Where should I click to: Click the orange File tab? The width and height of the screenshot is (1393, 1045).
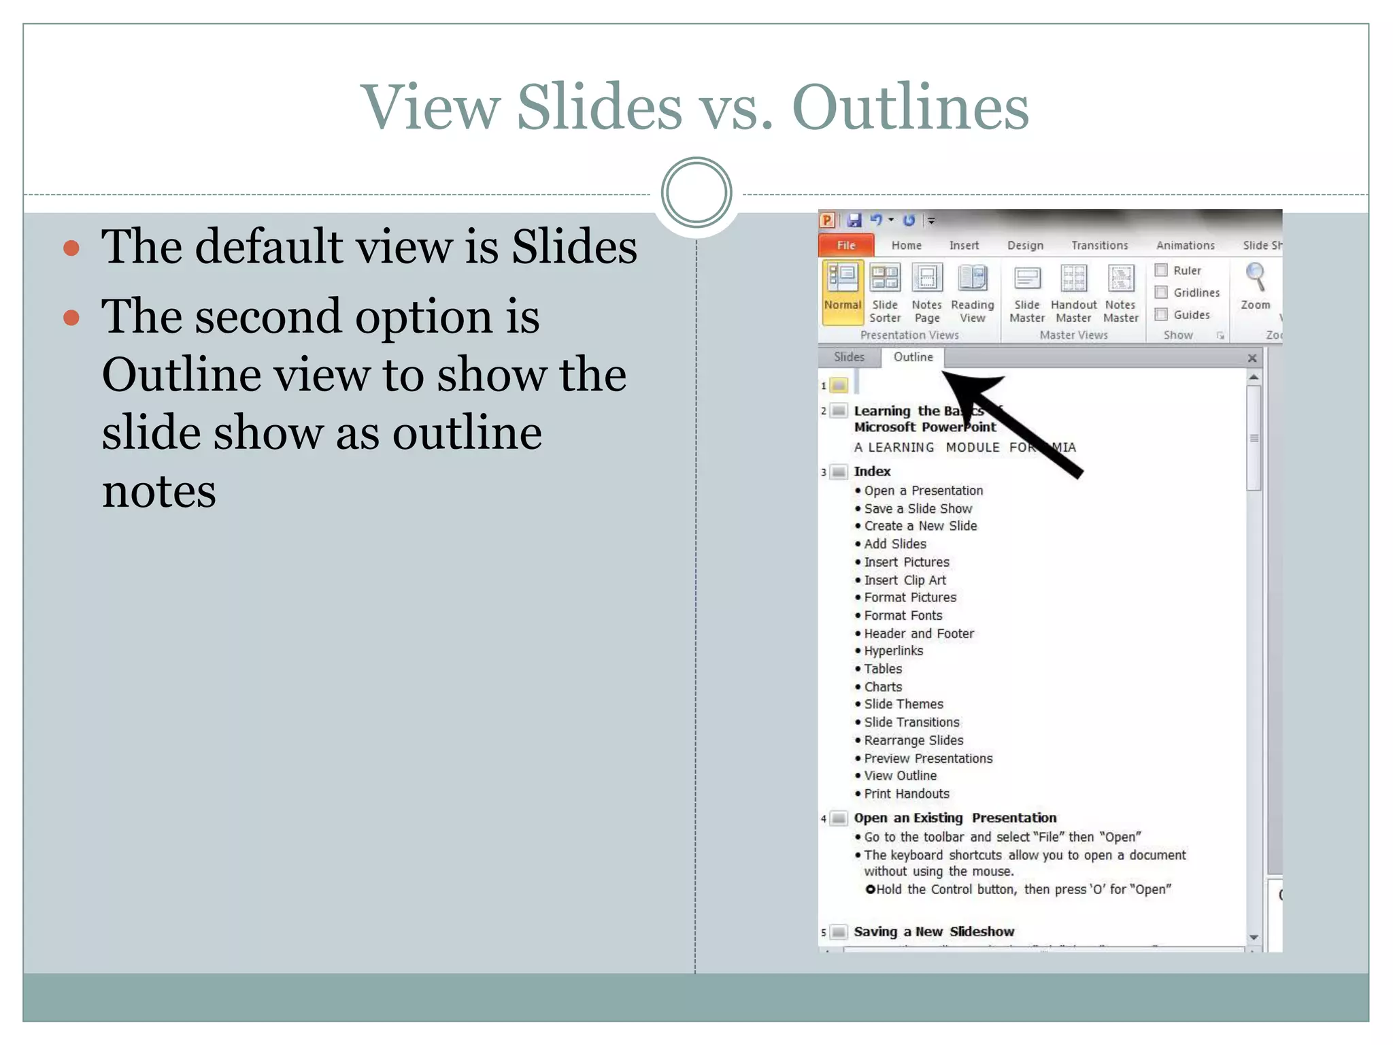[845, 245]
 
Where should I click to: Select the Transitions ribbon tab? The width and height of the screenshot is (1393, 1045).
[1099, 246]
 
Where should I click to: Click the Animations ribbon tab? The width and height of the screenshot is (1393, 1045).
[1185, 246]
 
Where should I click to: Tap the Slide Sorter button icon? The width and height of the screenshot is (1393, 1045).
[885, 278]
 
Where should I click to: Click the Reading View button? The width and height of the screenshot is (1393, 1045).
[972, 293]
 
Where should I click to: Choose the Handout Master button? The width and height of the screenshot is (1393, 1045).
[1073, 293]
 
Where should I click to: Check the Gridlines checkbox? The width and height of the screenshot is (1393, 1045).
[1162, 293]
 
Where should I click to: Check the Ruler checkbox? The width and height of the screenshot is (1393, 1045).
[1162, 270]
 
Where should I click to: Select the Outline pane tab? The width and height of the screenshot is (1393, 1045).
[913, 357]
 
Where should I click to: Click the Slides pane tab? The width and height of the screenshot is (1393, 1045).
[849, 357]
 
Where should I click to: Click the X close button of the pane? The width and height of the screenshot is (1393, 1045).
[1252, 358]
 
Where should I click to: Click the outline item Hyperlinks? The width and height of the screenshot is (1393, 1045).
[893, 651]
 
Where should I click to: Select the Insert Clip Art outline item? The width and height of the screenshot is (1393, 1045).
[905, 580]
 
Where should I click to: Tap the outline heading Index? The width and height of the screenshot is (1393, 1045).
[872, 471]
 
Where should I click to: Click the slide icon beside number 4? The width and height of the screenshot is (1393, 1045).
[839, 818]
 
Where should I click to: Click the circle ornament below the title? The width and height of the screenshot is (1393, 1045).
[696, 193]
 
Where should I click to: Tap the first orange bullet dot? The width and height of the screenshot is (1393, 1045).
[71, 248]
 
